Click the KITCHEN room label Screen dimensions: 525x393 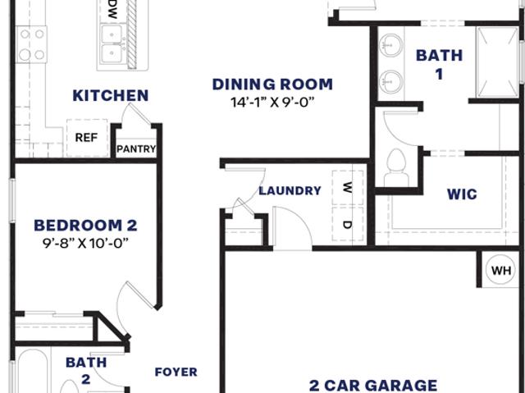click(x=111, y=96)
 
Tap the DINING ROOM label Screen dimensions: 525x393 click(x=272, y=85)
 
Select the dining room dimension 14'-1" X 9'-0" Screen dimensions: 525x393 click(x=272, y=102)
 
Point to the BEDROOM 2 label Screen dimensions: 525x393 click(x=85, y=226)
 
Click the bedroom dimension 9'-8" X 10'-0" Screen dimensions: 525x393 click(x=85, y=243)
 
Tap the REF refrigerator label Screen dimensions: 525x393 click(x=86, y=138)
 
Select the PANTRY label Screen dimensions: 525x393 click(x=136, y=149)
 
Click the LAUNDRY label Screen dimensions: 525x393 click(x=290, y=191)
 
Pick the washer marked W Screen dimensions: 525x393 click(x=348, y=187)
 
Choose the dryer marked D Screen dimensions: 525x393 click(x=348, y=224)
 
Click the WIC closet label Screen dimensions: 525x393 click(x=462, y=194)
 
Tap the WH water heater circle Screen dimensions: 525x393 click(x=501, y=269)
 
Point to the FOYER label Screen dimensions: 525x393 click(x=176, y=372)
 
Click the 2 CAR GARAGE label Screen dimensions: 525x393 click(x=373, y=386)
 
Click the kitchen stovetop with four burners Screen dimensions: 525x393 click(x=32, y=44)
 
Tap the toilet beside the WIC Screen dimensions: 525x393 click(x=396, y=168)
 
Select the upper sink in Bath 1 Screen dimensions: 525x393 click(x=390, y=45)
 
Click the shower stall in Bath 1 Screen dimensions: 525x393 click(x=498, y=63)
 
